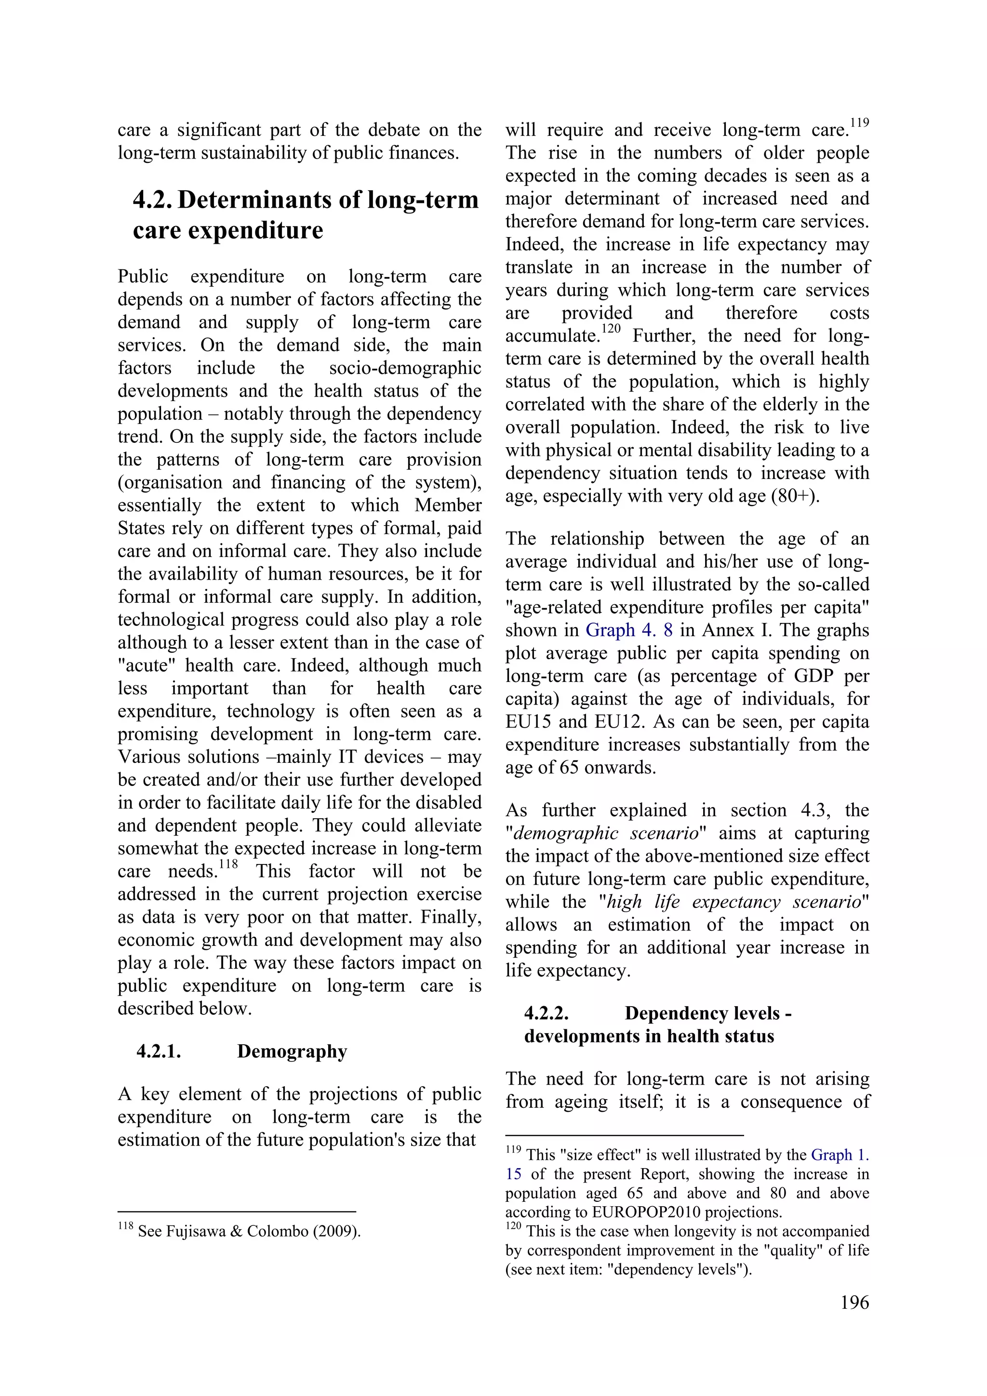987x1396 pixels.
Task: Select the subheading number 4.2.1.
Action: (x=158, y=1051)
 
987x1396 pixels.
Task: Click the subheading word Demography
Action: (x=292, y=1051)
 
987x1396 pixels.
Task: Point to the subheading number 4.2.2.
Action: (x=546, y=1013)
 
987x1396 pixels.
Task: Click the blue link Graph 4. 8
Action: (x=629, y=630)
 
